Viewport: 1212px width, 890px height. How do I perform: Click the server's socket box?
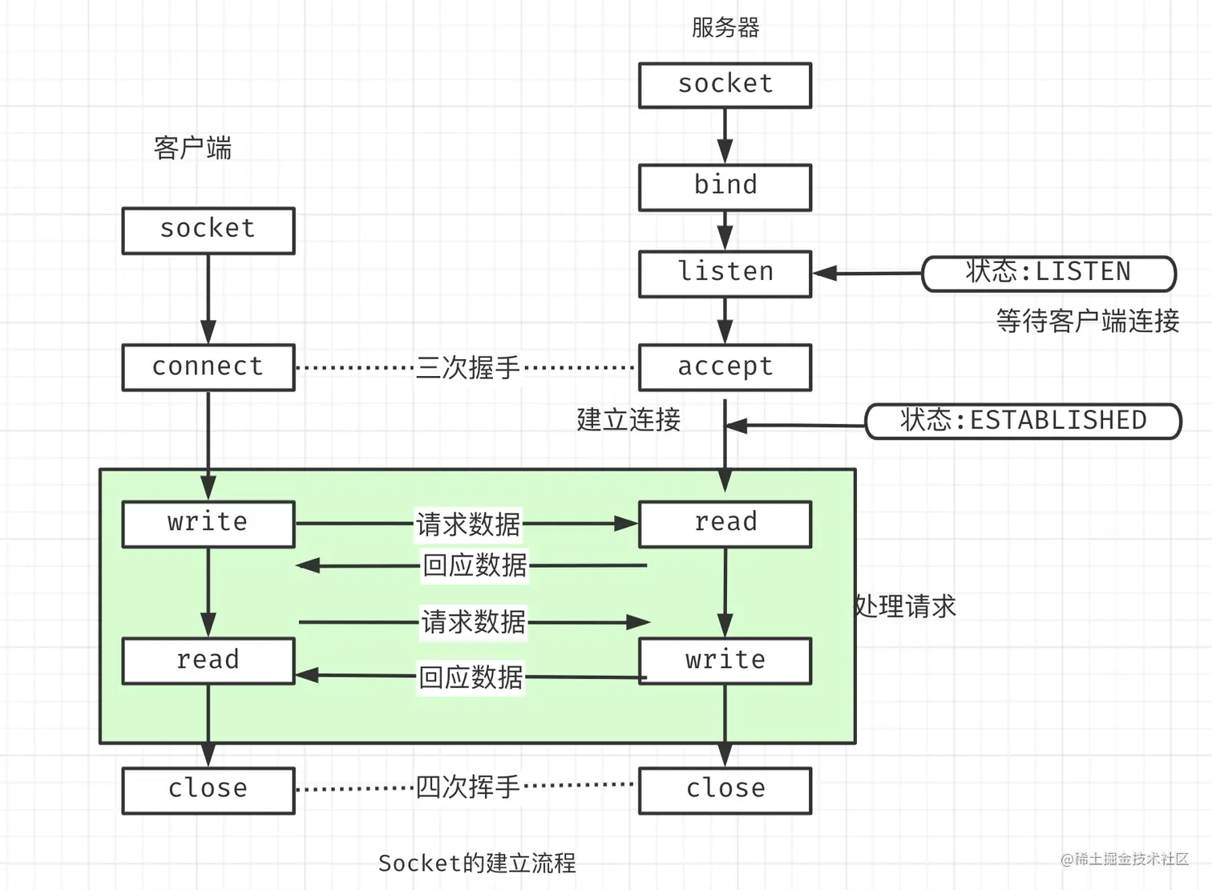tap(725, 85)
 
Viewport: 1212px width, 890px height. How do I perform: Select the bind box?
tap(725, 187)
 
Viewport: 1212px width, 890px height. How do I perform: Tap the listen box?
tap(725, 273)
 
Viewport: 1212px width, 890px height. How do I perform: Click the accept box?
tap(725, 367)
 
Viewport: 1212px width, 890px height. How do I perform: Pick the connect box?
tap(208, 367)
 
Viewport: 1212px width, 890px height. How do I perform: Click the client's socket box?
tap(208, 230)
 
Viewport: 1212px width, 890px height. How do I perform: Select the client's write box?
tap(208, 524)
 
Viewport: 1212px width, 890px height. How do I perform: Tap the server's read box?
tap(725, 524)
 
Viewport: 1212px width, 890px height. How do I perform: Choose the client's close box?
tap(208, 790)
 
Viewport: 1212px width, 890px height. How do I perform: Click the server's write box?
tap(725, 661)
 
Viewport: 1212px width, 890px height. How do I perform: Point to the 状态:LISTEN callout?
tap(1048, 273)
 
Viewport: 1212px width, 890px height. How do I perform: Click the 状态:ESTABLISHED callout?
tap(1023, 421)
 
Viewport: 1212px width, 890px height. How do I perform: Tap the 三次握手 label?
tap(467, 368)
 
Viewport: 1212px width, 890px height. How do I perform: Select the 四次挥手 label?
tap(467, 787)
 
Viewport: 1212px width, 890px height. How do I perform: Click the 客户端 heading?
tap(192, 148)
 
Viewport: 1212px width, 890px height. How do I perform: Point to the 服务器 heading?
tap(725, 28)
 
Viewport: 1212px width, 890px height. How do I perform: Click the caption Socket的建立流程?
tap(477, 863)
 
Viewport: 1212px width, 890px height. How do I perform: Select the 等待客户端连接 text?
tap(1087, 322)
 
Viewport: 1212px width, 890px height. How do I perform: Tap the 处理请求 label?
tap(906, 606)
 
